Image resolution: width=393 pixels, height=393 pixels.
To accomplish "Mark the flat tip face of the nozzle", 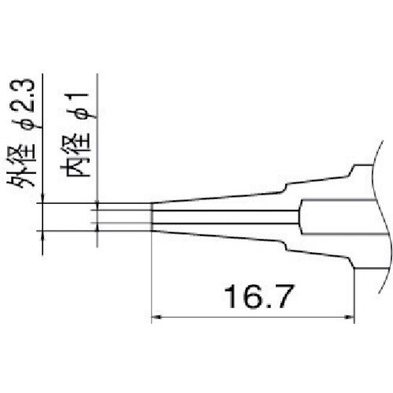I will [151, 217].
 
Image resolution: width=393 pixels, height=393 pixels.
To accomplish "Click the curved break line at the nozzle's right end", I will [383, 228].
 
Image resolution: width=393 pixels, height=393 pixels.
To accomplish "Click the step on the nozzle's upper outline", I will [287, 186].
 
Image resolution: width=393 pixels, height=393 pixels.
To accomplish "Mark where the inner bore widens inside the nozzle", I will [299, 217].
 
